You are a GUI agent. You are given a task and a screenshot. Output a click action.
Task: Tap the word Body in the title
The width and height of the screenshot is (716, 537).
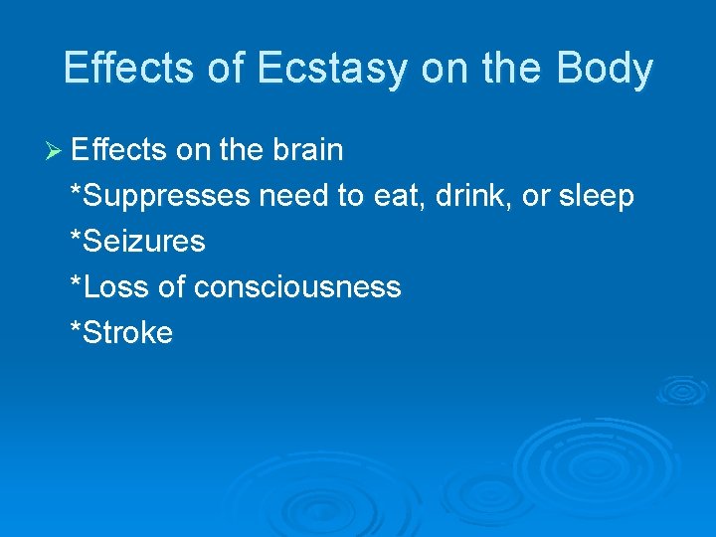605,69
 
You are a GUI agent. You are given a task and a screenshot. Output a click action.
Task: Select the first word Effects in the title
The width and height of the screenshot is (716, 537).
125,69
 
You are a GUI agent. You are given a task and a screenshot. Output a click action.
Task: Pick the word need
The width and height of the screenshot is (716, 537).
294,196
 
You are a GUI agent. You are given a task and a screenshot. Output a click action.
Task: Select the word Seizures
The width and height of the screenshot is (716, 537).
143,242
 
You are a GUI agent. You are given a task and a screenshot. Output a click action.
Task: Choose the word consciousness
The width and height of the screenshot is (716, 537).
297,287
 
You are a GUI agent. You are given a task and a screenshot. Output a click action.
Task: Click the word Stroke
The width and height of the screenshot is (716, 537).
127,333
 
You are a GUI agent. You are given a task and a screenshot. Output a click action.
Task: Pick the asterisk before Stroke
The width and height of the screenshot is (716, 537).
76,330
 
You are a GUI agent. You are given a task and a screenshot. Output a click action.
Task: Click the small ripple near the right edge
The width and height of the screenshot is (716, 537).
682,391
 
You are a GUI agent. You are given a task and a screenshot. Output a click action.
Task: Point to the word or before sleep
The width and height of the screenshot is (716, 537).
536,196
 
